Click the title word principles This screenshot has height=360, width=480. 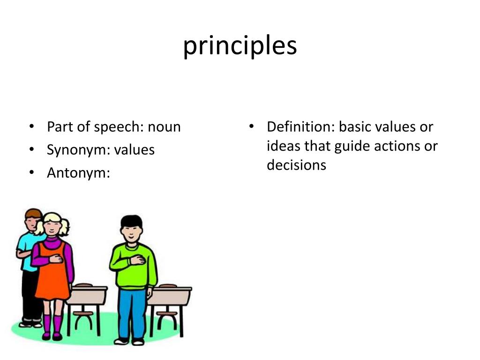(240, 46)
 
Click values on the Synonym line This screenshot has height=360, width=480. (135, 150)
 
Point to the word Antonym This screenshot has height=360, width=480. (78, 173)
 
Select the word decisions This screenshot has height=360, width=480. (296, 165)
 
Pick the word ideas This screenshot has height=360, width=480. (284, 146)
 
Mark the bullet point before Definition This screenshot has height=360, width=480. (252, 127)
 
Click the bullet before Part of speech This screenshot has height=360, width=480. (31, 127)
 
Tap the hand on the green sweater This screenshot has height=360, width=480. (136, 260)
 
